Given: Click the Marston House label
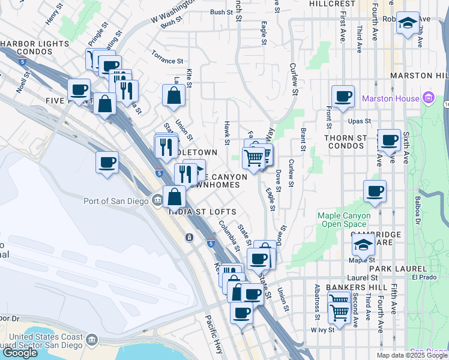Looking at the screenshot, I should [x=397, y=97].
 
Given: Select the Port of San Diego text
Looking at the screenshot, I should [x=118, y=201].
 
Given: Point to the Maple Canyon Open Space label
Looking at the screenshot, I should [x=344, y=220].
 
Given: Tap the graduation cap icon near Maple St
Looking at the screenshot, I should [x=363, y=244].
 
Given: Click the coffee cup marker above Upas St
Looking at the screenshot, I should [x=343, y=96].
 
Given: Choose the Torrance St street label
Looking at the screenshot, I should [x=167, y=61].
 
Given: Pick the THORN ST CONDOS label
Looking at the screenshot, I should [x=354, y=137].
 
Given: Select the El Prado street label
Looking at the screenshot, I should [x=423, y=278].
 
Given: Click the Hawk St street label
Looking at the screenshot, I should [x=227, y=133].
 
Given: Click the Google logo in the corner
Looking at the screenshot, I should [x=20, y=353].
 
